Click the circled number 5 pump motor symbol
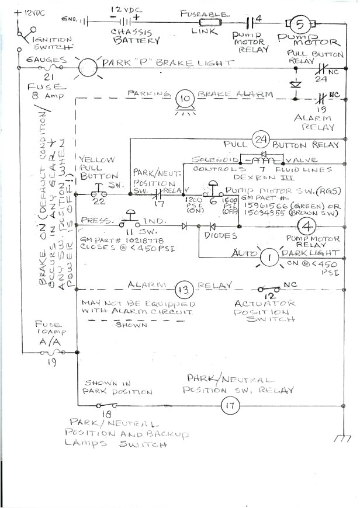pyautogui.click(x=299, y=24)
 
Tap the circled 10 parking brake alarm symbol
pyautogui.click(x=185, y=98)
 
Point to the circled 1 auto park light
pyautogui.click(x=269, y=256)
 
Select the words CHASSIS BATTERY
pyautogui.click(x=139, y=36)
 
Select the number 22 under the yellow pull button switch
pyautogui.click(x=101, y=201)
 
